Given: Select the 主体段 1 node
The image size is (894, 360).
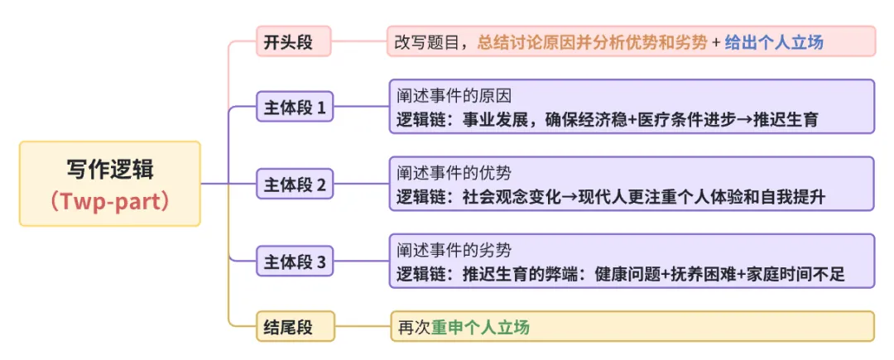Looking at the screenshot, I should [294, 107].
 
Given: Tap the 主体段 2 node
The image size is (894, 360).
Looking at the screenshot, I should [294, 185].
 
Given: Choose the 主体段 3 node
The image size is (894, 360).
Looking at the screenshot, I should [294, 263].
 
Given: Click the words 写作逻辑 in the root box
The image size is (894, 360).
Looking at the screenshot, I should [110, 170].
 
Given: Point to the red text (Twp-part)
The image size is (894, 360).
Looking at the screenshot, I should [110, 202].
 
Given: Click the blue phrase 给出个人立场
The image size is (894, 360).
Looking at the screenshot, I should [774, 42].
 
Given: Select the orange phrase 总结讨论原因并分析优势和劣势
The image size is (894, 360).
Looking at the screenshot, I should [593, 42].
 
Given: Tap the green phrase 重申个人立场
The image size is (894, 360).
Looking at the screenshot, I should [480, 327].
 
